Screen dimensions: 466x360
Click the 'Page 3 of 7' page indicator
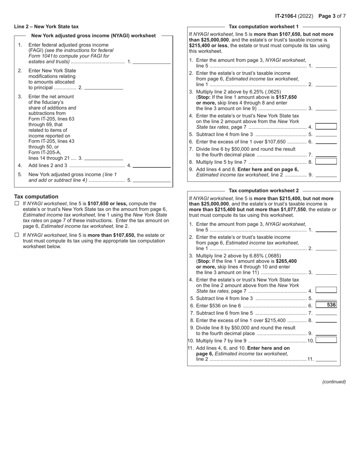click(x=332, y=16)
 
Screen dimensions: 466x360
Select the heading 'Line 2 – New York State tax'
click(x=46, y=27)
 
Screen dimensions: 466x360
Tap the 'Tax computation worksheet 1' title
click(x=264, y=27)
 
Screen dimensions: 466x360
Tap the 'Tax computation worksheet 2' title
click(x=264, y=191)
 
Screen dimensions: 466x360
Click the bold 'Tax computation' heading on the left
click(x=36, y=197)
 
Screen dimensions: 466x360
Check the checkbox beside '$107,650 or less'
click(x=17, y=203)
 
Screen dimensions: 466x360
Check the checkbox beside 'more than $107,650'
click(x=17, y=235)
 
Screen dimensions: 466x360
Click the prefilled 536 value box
click(x=326, y=305)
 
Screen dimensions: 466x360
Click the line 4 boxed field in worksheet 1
click(x=326, y=127)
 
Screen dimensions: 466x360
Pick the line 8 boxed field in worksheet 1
click(x=326, y=161)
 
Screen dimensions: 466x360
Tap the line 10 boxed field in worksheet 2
click(x=326, y=340)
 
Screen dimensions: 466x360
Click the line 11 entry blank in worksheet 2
click(x=326, y=358)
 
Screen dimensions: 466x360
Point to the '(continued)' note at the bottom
click(x=334, y=382)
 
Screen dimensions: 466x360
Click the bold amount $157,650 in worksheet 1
click(x=286, y=97)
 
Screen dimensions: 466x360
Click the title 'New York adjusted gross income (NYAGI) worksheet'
click(x=93, y=36)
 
